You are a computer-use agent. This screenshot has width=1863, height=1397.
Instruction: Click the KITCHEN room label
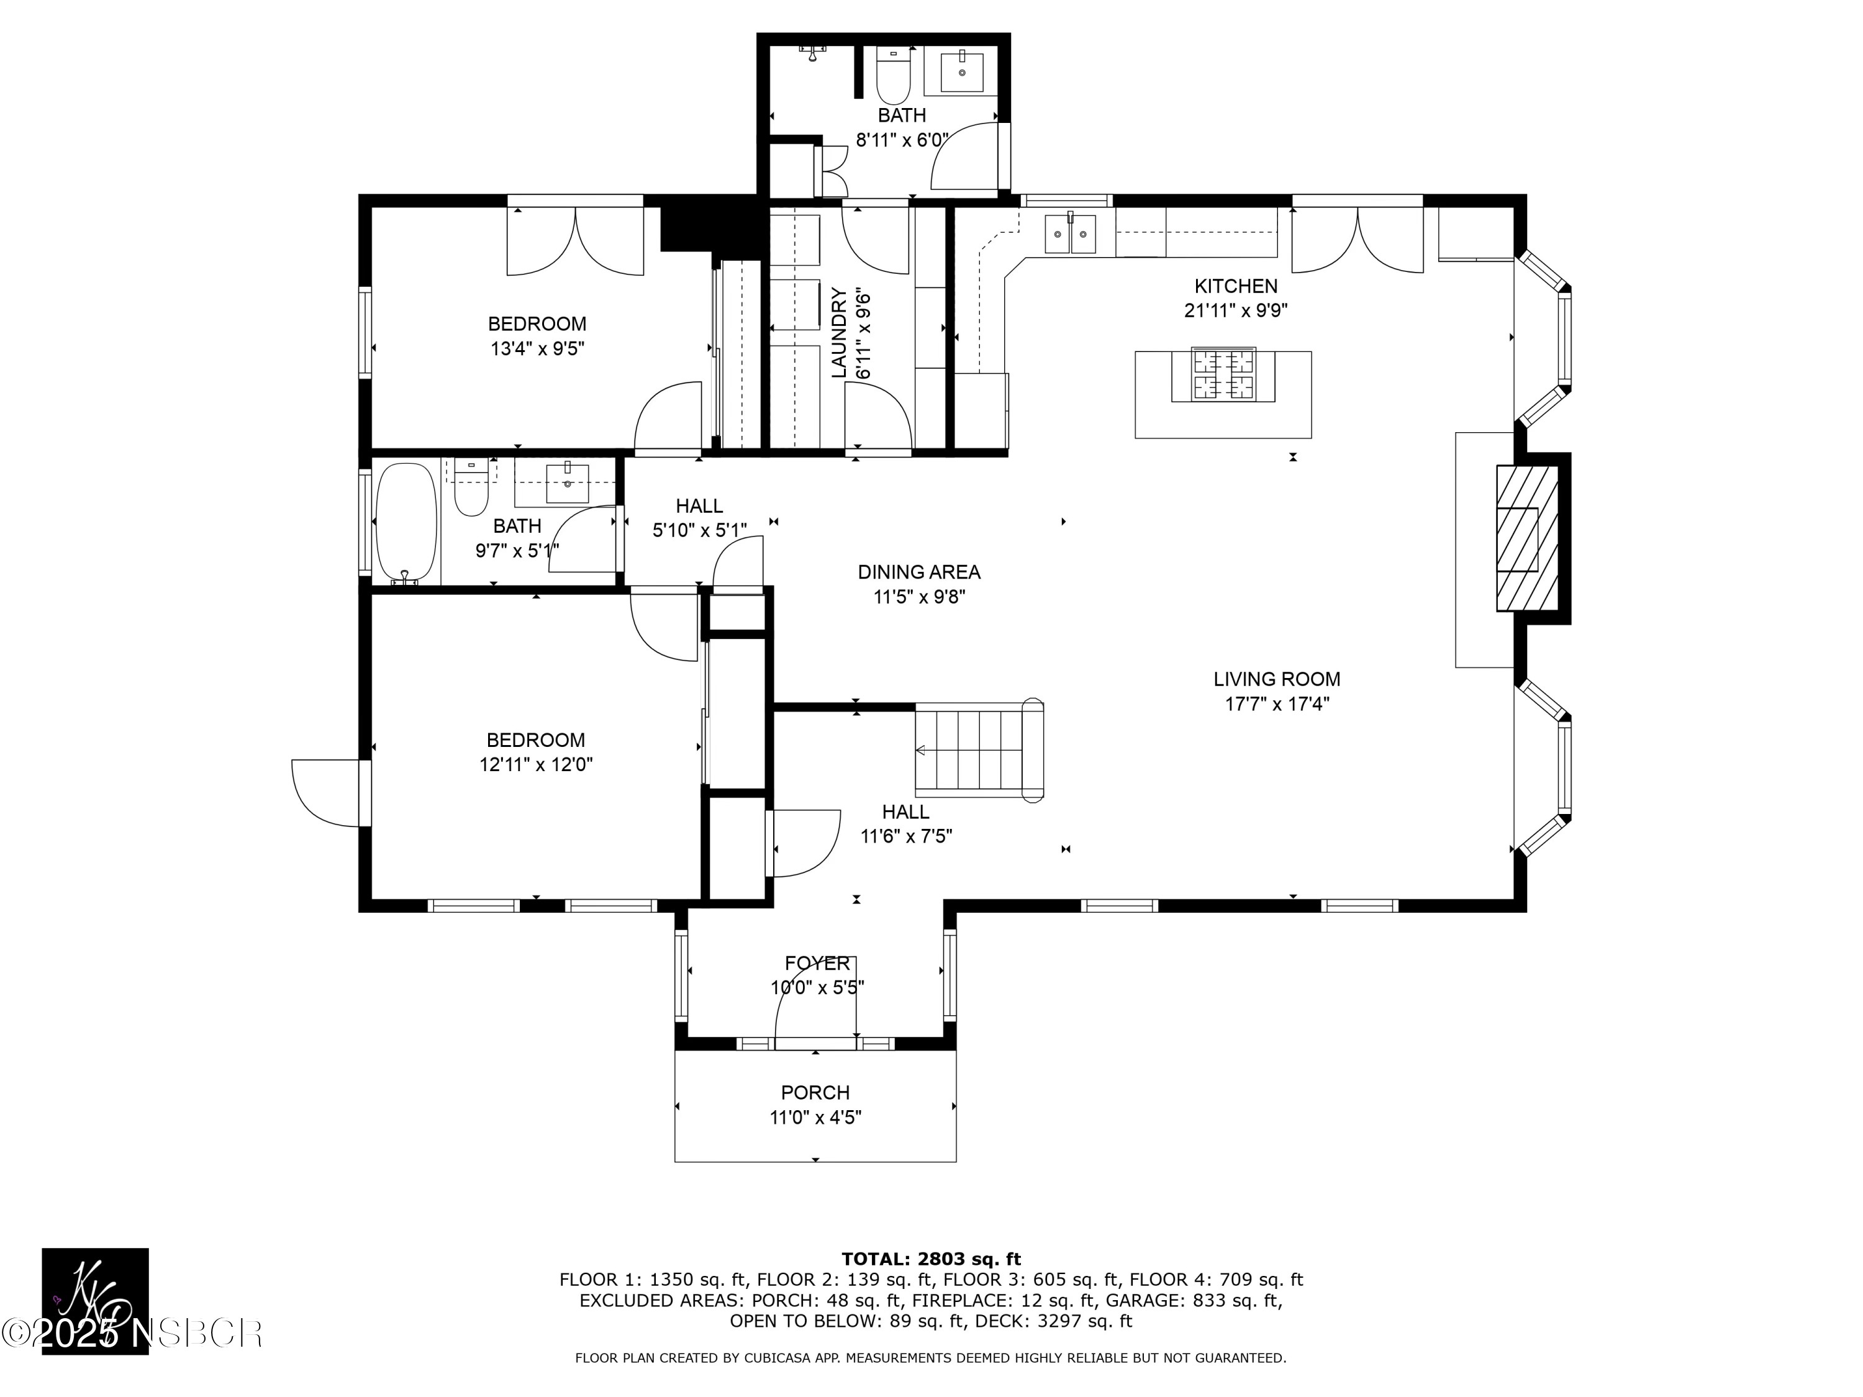pyautogui.click(x=1236, y=286)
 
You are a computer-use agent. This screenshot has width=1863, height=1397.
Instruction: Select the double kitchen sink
pyautogui.click(x=1071, y=234)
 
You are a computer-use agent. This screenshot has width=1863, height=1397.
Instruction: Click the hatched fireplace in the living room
pyautogui.click(x=1526, y=538)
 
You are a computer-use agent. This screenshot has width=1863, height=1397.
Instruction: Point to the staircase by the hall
pyautogui.click(x=977, y=749)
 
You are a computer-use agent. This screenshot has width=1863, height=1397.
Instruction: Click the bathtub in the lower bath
pyautogui.click(x=406, y=522)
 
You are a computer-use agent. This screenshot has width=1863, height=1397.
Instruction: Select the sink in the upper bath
pyautogui.click(x=961, y=71)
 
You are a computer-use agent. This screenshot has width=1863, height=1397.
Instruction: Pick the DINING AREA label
pyautogui.click(x=919, y=572)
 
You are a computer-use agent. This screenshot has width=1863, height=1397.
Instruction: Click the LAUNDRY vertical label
pyautogui.click(x=839, y=333)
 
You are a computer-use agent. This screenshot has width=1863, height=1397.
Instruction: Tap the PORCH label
pyautogui.click(x=814, y=1093)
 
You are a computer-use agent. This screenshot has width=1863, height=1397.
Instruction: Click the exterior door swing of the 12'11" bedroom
pyautogui.click(x=324, y=792)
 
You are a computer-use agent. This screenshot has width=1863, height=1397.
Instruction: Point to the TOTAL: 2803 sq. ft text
pyautogui.click(x=931, y=1259)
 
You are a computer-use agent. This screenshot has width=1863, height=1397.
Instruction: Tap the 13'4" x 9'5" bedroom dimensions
pyautogui.click(x=537, y=348)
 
